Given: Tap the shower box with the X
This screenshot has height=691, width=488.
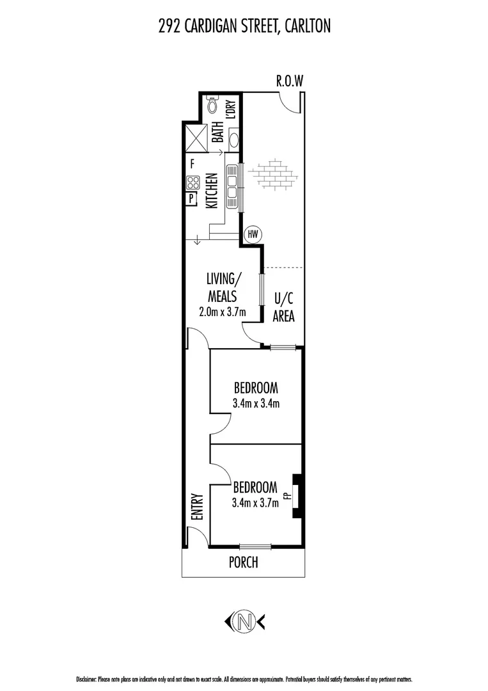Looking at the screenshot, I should [195, 138].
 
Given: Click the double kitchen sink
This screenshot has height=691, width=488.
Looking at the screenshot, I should [232, 186].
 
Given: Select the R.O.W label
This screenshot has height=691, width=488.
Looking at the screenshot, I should [288, 81].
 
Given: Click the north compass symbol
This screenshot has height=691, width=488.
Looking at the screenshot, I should [244, 620].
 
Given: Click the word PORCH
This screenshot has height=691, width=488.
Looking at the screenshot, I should [244, 562].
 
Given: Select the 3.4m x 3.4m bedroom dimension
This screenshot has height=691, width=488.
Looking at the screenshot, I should [255, 403].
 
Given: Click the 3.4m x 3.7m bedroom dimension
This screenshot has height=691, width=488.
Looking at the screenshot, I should [255, 503].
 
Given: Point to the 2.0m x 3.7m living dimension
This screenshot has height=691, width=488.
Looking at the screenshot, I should [223, 313].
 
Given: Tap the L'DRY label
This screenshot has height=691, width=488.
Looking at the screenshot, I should [232, 109].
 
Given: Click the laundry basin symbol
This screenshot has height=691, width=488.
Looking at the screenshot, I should [234, 140].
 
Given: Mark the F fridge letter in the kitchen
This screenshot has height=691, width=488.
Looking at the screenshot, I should [192, 164].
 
